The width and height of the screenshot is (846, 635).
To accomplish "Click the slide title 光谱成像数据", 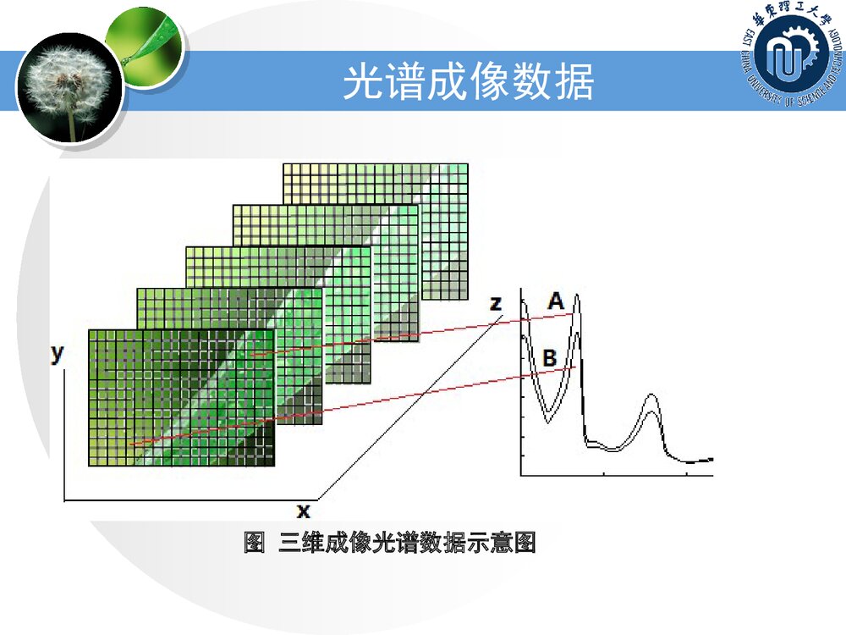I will coord(468,82).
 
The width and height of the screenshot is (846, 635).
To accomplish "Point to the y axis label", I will coord(57,354).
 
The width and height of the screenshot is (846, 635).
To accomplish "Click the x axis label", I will coord(303,511).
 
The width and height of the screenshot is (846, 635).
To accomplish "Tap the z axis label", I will coord(497,303).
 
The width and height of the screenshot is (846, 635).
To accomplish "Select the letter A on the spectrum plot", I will coord(555,301).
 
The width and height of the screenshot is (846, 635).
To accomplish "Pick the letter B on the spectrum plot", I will coord(549,358).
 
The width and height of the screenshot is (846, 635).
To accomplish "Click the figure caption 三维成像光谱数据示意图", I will coord(407,543).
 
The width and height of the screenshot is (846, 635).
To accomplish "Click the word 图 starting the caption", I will coord(254,543).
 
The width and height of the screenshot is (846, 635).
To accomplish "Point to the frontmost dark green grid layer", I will coord(181,398).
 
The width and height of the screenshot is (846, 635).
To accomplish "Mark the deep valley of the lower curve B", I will coord(547,420).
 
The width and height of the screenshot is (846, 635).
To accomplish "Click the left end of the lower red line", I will coord(131,444).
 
